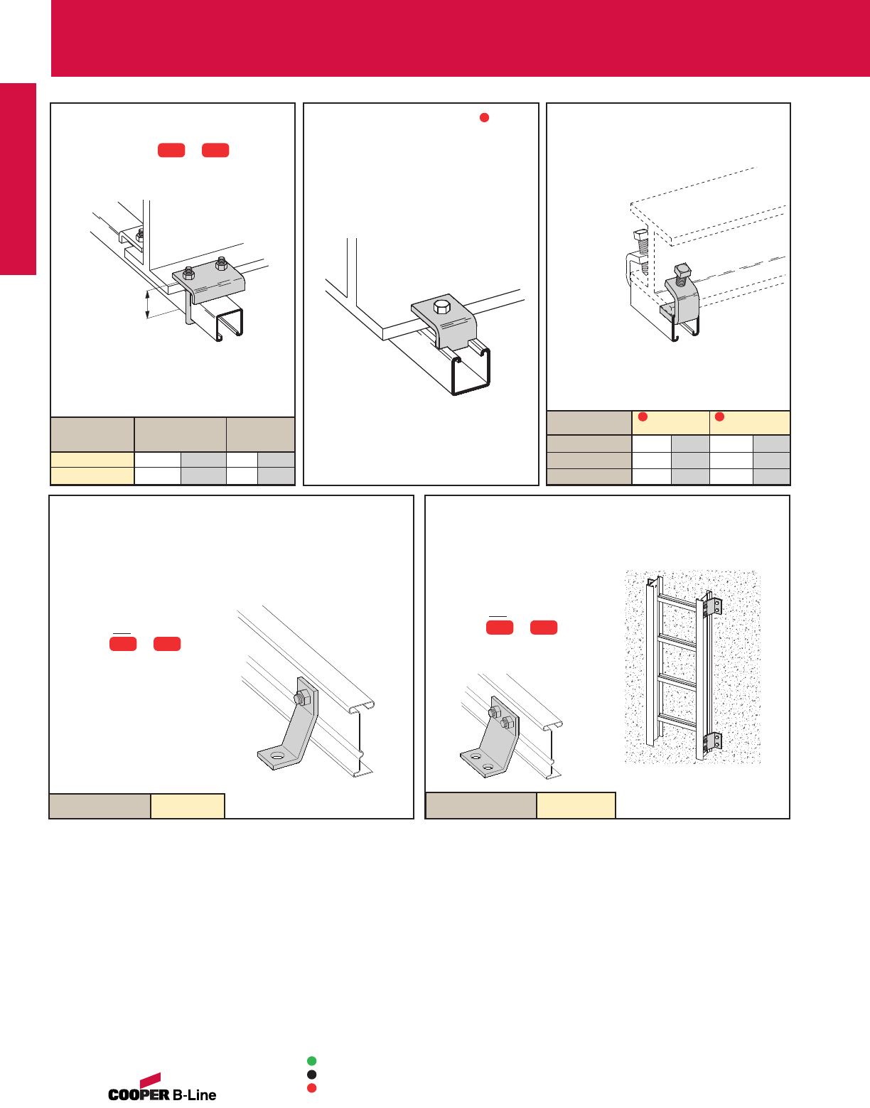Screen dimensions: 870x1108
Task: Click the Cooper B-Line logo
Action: tap(162, 1087)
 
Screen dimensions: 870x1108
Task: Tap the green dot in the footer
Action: tap(311, 1060)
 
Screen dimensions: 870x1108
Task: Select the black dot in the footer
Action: tap(311, 1075)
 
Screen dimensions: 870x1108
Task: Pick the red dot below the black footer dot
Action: tap(311, 1088)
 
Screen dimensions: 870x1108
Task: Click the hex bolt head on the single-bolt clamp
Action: tap(441, 307)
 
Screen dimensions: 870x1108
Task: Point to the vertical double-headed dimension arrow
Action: tap(147, 304)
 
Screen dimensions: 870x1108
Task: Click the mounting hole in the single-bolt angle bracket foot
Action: tap(277, 755)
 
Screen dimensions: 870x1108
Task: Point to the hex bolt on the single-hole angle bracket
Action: tap(302, 697)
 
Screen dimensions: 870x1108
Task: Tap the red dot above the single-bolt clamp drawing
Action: tap(485, 118)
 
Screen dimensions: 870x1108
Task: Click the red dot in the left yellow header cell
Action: tap(643, 416)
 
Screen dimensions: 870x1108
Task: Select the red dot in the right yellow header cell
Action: tap(719, 416)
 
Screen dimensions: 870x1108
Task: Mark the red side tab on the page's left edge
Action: tap(18, 179)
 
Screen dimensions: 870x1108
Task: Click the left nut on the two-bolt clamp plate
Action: tap(188, 273)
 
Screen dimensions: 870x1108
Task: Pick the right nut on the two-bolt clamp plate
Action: tap(221, 264)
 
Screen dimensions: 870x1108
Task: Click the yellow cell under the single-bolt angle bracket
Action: tap(188, 806)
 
